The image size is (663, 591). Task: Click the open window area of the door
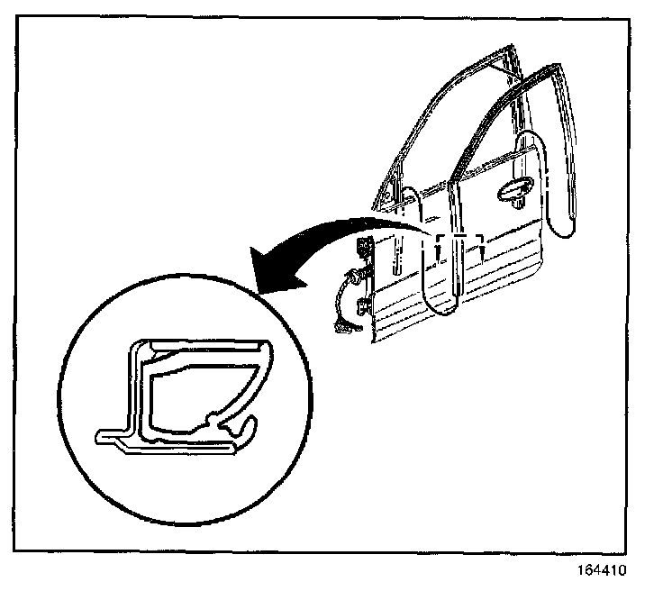point(450,135)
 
